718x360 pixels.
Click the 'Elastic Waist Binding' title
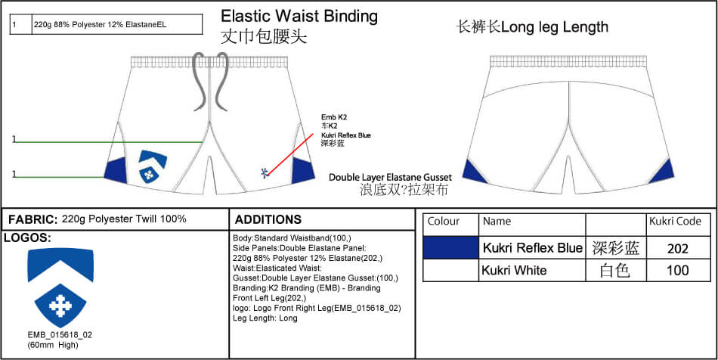click(x=299, y=16)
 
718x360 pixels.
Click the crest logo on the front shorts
click(x=153, y=166)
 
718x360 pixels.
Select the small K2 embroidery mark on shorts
click(x=264, y=172)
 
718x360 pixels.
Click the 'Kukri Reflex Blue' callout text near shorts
click(x=346, y=135)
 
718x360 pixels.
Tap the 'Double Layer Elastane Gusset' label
click(x=390, y=177)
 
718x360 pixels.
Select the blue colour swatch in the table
click(x=450, y=247)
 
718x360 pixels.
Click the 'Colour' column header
click(x=444, y=222)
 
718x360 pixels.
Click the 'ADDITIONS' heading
click(x=268, y=219)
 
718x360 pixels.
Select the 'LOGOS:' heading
click(x=27, y=237)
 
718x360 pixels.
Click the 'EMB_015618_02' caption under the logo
click(x=60, y=334)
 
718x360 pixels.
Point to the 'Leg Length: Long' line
click(x=265, y=318)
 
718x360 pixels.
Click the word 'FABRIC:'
click(x=32, y=219)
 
